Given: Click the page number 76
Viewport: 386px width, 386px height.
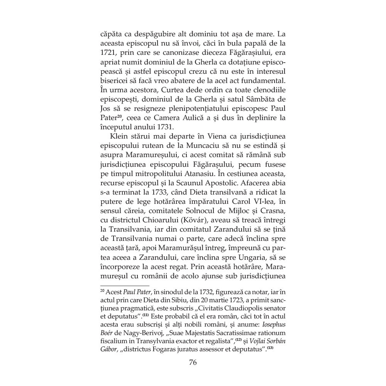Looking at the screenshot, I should (x=193, y=362).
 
